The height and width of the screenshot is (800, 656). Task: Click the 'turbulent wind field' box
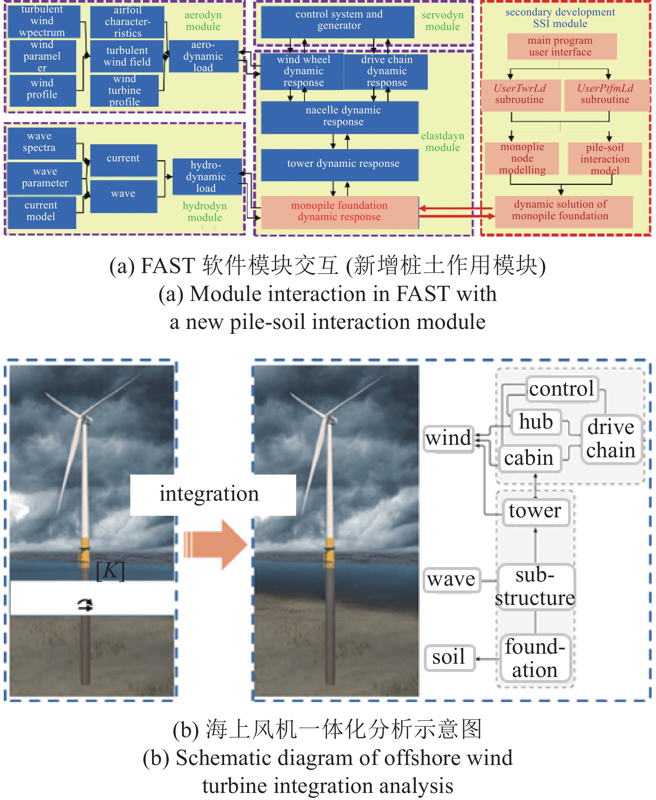(127, 56)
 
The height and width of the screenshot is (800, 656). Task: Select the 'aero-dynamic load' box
(203, 56)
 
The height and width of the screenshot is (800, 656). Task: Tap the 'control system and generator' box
(338, 20)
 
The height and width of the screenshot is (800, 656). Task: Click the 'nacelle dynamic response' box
(339, 116)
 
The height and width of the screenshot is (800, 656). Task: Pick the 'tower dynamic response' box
(339, 164)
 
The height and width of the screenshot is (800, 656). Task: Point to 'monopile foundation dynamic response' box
(339, 212)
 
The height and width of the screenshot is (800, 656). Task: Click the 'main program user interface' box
(561, 46)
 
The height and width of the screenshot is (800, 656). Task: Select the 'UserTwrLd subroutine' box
(520, 94)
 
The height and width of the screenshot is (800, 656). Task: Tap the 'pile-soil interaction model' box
(605, 159)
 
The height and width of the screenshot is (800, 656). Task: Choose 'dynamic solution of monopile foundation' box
(563, 211)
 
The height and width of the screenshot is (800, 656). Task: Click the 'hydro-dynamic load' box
(206, 177)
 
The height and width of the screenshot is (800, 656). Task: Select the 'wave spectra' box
(41, 143)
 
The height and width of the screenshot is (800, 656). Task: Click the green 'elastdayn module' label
(442, 142)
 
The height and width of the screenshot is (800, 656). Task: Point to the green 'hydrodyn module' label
(205, 212)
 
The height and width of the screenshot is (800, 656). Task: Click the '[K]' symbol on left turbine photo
(110, 571)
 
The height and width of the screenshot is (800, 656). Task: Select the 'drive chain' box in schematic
(611, 439)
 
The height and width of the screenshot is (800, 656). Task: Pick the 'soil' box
(449, 657)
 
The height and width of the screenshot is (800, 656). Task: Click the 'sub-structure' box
(535, 587)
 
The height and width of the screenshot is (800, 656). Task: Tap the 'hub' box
(536, 422)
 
